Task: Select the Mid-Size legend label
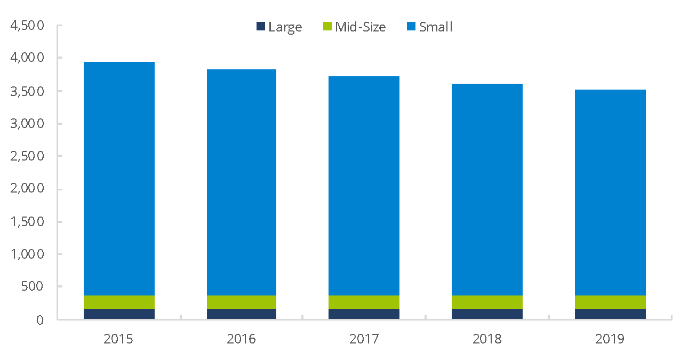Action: (x=354, y=27)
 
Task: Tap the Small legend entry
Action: (x=429, y=27)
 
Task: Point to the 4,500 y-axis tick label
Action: (x=26, y=26)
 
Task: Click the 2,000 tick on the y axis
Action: (x=26, y=189)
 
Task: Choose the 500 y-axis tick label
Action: (x=33, y=287)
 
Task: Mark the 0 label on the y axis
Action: (x=39, y=320)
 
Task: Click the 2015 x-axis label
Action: (x=118, y=339)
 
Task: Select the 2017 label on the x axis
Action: (x=364, y=339)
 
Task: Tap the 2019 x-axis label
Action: (x=610, y=339)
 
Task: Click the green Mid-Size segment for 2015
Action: (x=119, y=302)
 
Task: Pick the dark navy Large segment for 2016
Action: (x=242, y=314)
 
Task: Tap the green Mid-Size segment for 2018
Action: (x=487, y=302)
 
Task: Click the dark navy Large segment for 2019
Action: (x=610, y=314)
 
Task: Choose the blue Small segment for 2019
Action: (x=610, y=192)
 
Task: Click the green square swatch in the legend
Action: (x=328, y=26)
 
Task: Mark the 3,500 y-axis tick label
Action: (x=26, y=91)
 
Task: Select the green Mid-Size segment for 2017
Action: (x=364, y=302)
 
